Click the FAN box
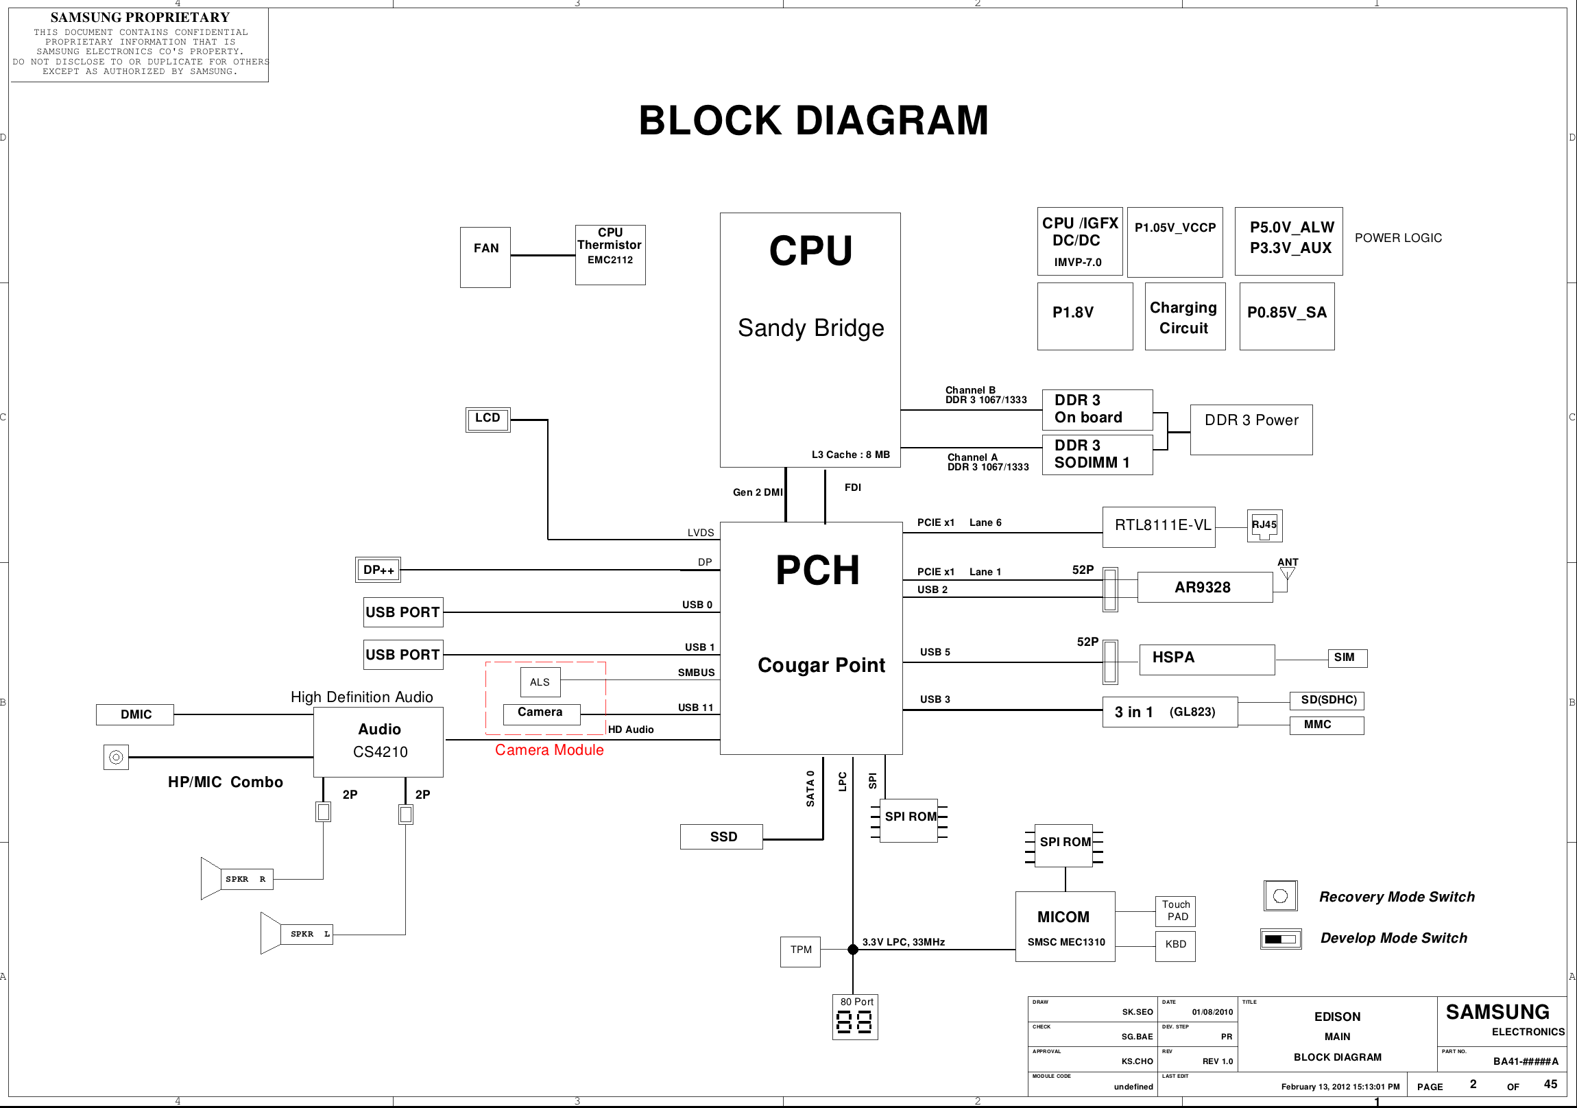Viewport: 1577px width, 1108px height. tap(485, 257)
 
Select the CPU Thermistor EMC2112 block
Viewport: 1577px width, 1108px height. tap(610, 255)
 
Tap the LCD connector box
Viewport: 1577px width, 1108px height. tap(487, 419)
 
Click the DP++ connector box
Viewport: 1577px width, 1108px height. tap(378, 570)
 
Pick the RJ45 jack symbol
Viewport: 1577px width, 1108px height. tap(1264, 526)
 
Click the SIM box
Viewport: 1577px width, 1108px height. tap(1347, 658)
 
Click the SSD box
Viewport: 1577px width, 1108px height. tap(721, 836)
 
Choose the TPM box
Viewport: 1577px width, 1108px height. tap(800, 951)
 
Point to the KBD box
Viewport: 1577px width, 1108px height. tap(1175, 946)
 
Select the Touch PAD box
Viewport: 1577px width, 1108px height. tap(1175, 911)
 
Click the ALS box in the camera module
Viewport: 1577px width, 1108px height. tap(540, 682)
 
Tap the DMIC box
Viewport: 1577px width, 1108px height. tap(135, 714)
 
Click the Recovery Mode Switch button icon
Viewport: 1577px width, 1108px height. tap(1280, 895)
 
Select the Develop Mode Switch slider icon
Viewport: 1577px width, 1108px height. tap(1280, 939)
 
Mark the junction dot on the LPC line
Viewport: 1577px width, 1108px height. tap(853, 950)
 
